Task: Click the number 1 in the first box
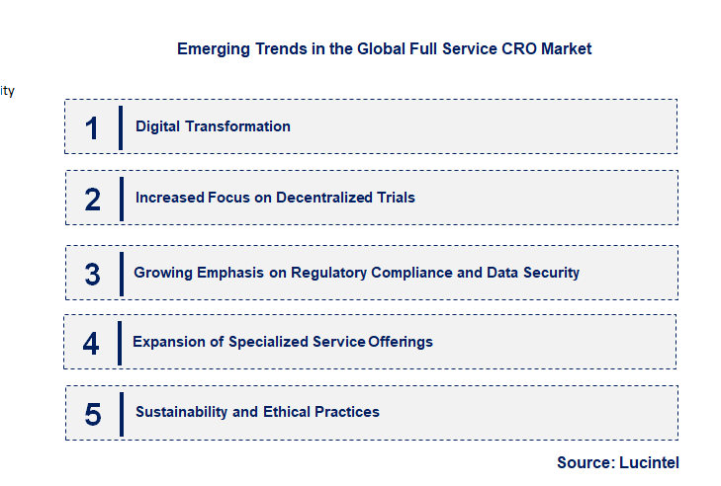[x=92, y=128]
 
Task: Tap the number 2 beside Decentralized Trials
[x=93, y=200]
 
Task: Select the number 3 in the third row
[x=92, y=275]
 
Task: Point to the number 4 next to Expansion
[x=91, y=344]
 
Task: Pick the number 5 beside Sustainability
[x=93, y=414]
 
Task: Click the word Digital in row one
[x=156, y=126]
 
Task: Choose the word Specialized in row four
[x=268, y=342]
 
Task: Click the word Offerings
[x=401, y=342]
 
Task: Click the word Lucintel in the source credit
[x=650, y=462]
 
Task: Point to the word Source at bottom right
[x=585, y=462]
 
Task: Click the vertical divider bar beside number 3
[x=121, y=274]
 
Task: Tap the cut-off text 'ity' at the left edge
[x=7, y=91]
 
